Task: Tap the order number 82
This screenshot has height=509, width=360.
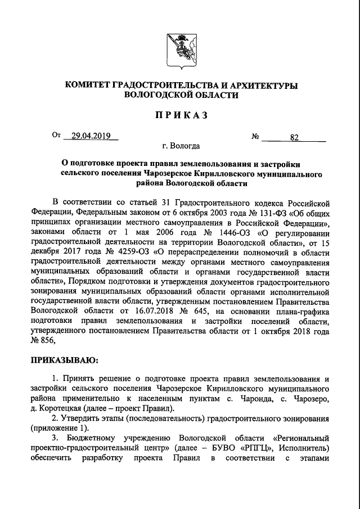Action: [294, 137]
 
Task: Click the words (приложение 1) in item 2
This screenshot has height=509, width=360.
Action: [57, 427]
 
